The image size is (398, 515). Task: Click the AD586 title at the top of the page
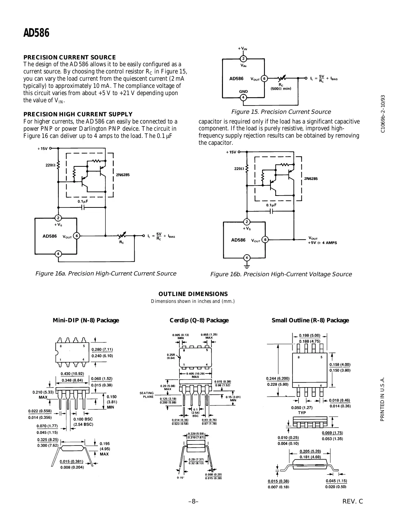(36, 33)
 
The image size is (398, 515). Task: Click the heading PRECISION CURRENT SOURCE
(70, 57)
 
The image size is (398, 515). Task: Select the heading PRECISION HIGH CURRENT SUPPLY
(78, 114)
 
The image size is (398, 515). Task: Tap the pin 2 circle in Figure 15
(243, 59)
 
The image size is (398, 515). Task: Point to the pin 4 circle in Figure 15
(243, 97)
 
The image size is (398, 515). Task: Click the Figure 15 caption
(281, 112)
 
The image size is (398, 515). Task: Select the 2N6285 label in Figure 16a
(123, 175)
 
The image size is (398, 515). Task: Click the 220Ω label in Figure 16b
(239, 169)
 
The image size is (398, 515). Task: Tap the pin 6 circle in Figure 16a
(76, 236)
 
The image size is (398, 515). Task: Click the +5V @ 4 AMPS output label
(322, 243)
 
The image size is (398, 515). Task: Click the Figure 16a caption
(106, 273)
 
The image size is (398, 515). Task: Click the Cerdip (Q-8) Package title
(199, 321)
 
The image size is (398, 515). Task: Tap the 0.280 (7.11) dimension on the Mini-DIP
(102, 349)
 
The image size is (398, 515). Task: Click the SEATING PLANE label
(147, 395)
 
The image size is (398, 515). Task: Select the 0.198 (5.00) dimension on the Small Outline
(309, 335)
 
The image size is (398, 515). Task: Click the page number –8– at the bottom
(193, 501)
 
